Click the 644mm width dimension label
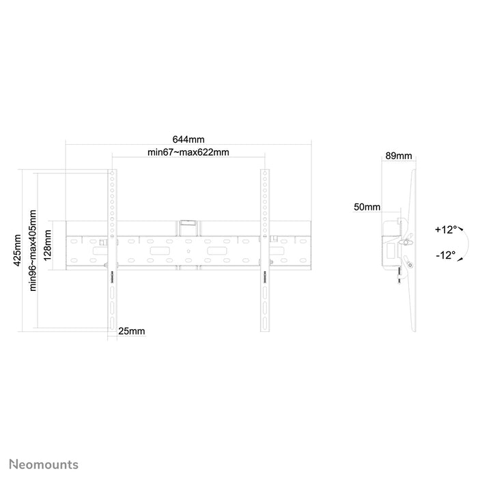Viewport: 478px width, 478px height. pyautogui.click(x=188, y=139)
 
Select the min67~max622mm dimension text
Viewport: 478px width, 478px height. pyautogui.click(x=188, y=152)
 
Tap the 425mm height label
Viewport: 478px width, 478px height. pyautogui.click(x=17, y=251)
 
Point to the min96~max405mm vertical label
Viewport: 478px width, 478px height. pyautogui.click(x=33, y=251)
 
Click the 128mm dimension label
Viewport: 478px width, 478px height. pyautogui.click(x=47, y=245)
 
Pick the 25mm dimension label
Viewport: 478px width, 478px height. pyautogui.click(x=131, y=331)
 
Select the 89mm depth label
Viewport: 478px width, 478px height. pyautogui.click(x=399, y=156)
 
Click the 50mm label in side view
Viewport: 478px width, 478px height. pyautogui.click(x=367, y=207)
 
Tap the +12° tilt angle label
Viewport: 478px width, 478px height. pyautogui.click(x=446, y=229)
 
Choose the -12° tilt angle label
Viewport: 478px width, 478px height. pyautogui.click(x=445, y=255)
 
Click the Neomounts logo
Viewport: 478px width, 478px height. pyautogui.click(x=44, y=464)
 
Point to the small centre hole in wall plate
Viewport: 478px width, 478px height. pyautogui.click(x=188, y=251)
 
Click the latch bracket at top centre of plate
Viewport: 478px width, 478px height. pyautogui.click(x=188, y=223)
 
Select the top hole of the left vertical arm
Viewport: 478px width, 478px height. pyautogui.click(x=112, y=173)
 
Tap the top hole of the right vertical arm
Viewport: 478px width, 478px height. pyautogui.click(x=265, y=173)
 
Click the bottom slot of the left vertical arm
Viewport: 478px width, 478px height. pyautogui.click(x=112, y=322)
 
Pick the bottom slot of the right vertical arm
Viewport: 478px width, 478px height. pyautogui.click(x=265, y=322)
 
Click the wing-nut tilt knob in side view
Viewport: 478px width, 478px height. pyautogui.click(x=406, y=242)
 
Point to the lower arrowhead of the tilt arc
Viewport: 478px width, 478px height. pyautogui.click(x=460, y=259)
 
